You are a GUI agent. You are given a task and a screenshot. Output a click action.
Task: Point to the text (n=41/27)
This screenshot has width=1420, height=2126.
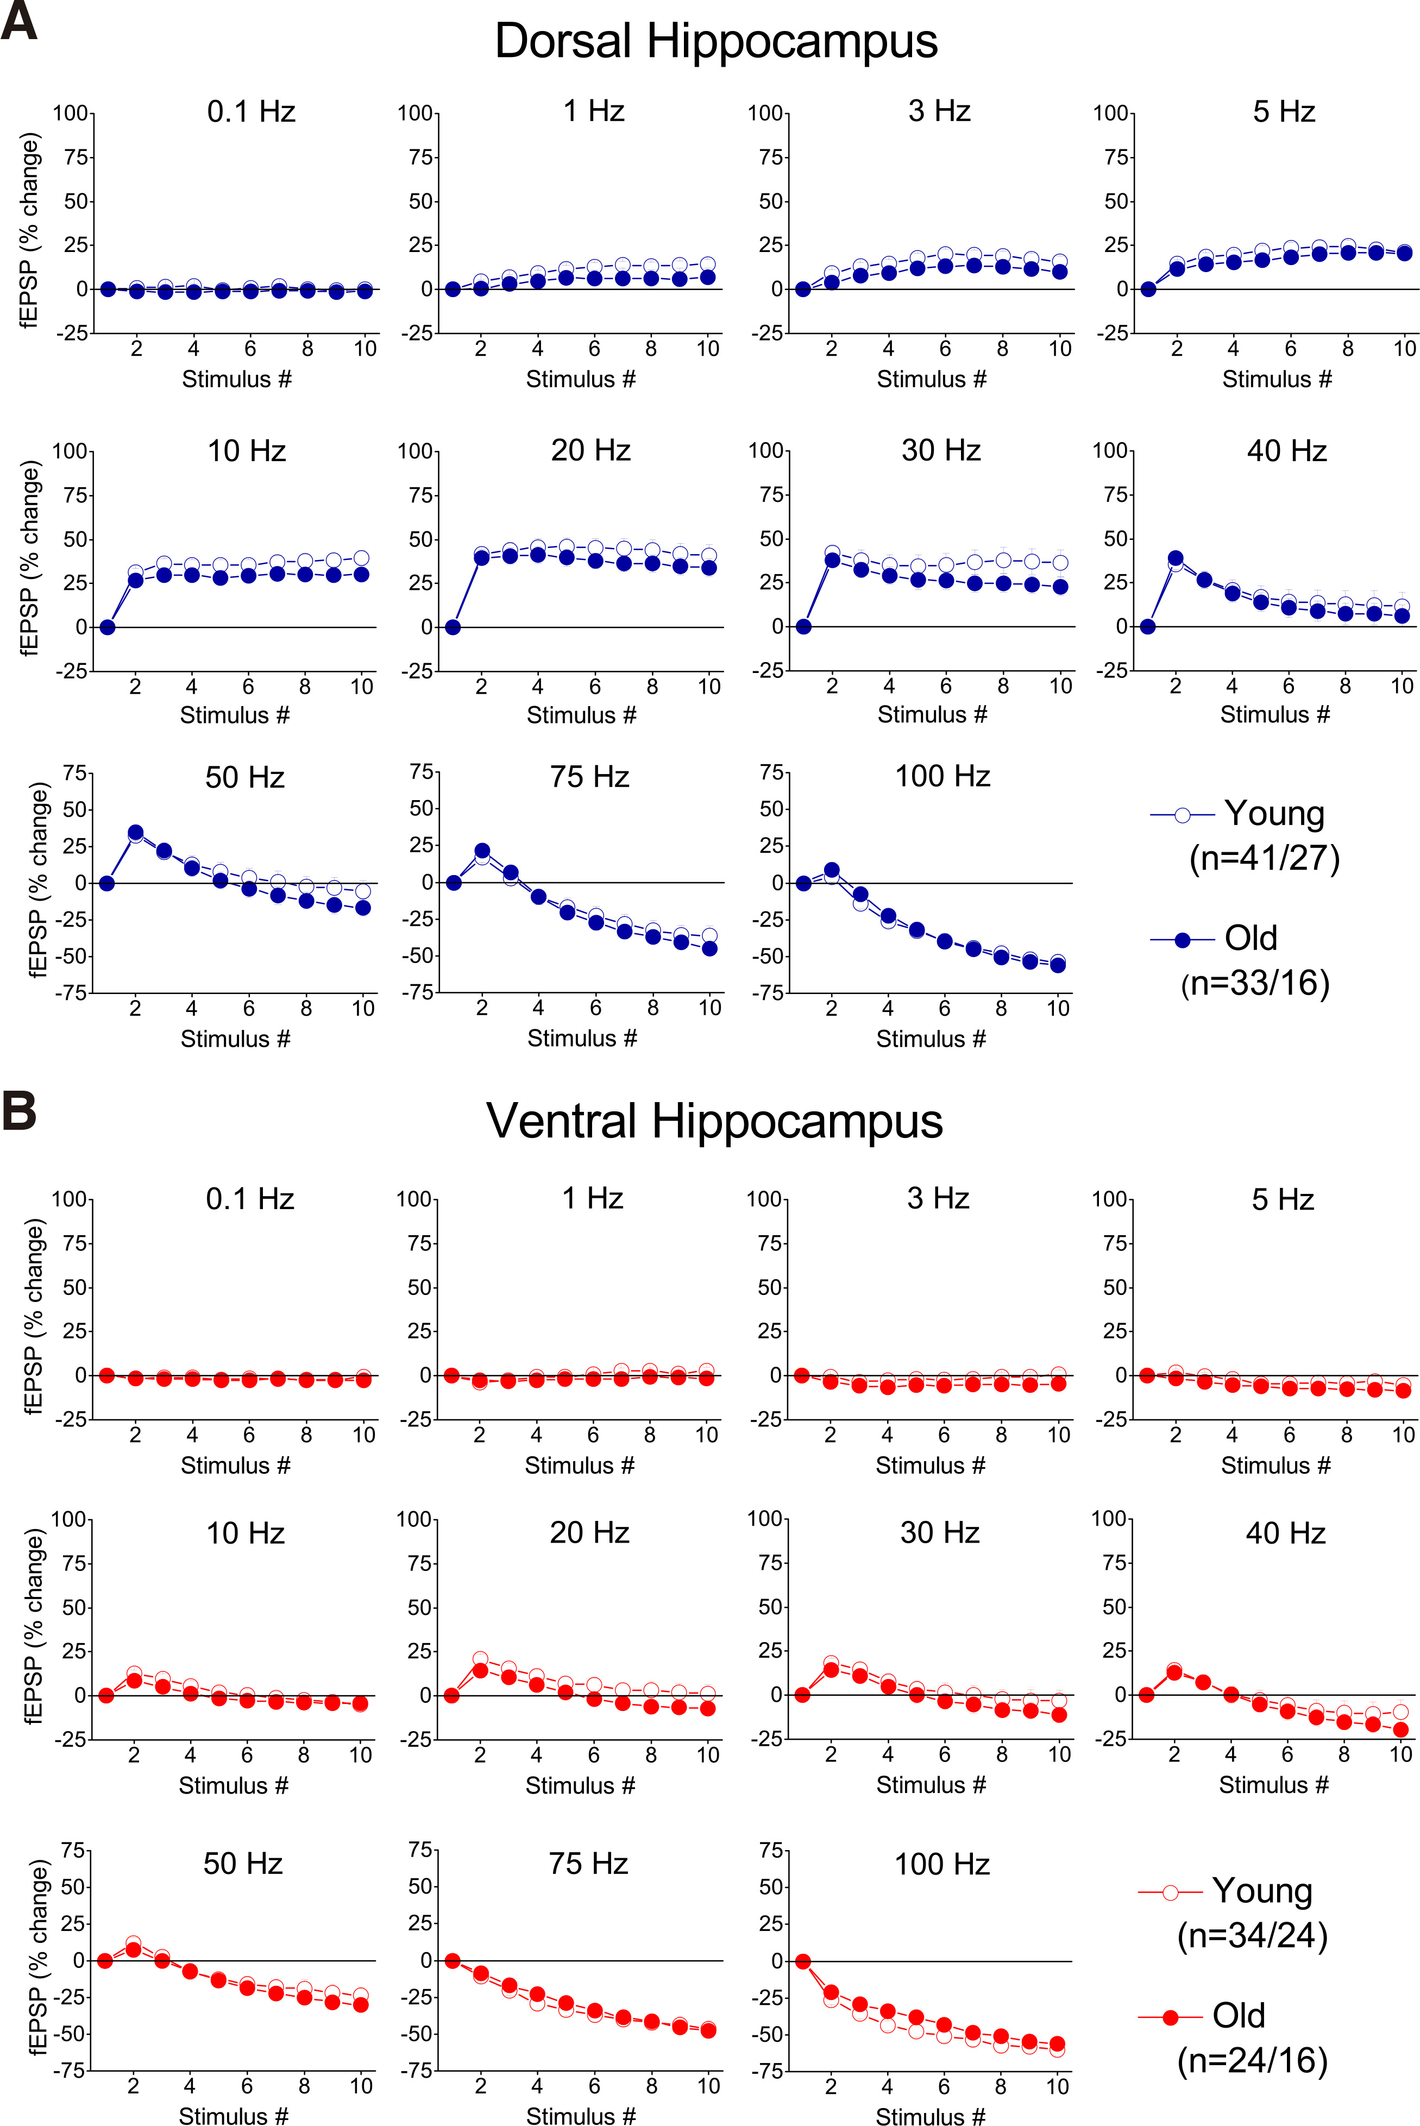pos(1264,858)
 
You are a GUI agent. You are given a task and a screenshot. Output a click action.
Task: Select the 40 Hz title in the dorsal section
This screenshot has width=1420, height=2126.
pos(1286,451)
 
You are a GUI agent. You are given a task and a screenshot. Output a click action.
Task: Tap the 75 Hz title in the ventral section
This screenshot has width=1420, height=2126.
pos(589,1864)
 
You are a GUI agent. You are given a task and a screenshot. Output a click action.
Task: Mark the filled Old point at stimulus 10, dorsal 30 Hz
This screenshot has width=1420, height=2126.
pos(1059,587)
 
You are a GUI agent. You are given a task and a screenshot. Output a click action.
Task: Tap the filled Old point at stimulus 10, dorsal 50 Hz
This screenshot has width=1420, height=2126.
pos(363,907)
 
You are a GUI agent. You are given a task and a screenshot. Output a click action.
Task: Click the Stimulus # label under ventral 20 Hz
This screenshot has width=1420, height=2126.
pos(580,1785)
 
